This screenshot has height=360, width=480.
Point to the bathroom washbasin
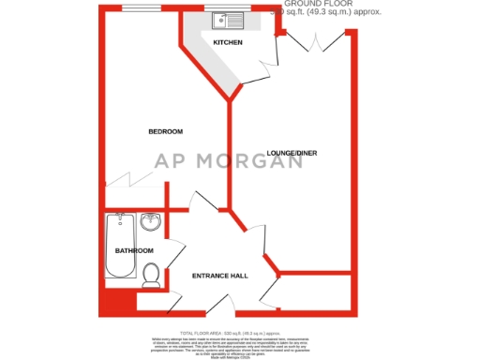[x=152, y=222]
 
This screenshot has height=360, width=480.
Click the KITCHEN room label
[x=228, y=43]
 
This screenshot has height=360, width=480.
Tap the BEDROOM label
[x=165, y=131]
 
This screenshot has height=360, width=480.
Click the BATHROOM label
[x=133, y=251]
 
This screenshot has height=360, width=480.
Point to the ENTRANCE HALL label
[x=219, y=276]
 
